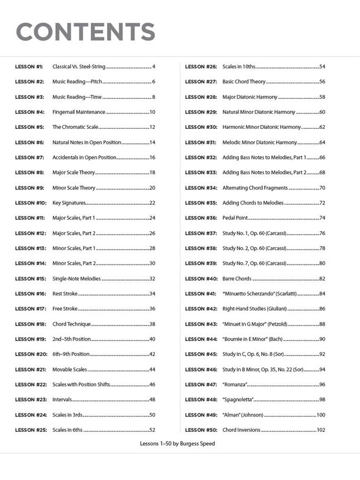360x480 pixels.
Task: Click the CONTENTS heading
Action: (86, 32)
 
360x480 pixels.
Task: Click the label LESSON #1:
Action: (29, 67)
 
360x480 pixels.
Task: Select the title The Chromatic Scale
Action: (73, 127)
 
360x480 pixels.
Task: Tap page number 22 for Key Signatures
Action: (152, 203)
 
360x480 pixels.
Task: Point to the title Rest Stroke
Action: (65, 294)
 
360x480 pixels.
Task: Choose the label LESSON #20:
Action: (31, 354)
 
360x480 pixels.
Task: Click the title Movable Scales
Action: (69, 369)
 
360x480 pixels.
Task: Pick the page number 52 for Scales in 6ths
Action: (152, 430)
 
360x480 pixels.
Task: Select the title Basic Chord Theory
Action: (244, 82)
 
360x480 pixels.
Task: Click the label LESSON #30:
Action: (201, 127)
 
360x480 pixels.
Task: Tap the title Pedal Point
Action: (235, 218)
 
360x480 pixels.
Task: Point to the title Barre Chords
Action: (237, 279)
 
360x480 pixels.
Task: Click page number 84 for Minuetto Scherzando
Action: (322, 294)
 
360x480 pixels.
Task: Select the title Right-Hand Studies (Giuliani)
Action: (254, 309)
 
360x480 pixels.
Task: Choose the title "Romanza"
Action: (234, 384)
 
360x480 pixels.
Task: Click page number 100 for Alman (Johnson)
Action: (321, 415)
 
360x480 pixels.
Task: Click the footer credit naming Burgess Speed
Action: (178, 444)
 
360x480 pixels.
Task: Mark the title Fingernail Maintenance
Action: (78, 112)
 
